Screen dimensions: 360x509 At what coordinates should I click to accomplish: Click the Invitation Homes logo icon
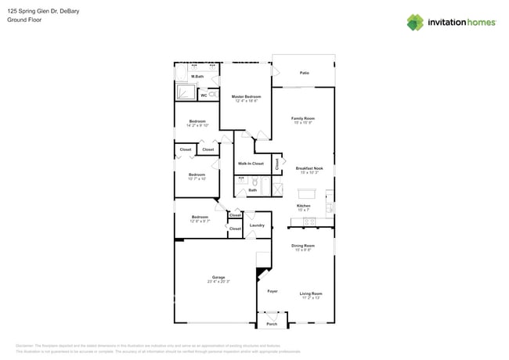point(414,22)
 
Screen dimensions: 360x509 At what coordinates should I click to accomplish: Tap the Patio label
point(304,73)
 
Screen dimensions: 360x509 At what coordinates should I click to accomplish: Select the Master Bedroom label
point(246,96)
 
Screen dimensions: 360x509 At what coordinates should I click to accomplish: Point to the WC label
point(204,95)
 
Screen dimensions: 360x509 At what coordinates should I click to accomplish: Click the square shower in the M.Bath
point(186,92)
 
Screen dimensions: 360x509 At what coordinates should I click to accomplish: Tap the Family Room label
point(303,119)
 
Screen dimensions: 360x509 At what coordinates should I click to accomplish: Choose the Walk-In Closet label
point(251,164)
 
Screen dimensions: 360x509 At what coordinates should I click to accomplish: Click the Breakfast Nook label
point(309,168)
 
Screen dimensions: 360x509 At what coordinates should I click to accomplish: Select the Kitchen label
point(303,206)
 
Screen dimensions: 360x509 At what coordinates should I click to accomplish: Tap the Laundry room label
point(257,225)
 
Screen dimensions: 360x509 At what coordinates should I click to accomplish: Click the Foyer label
point(273,291)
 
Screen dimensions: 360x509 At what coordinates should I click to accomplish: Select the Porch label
point(272,324)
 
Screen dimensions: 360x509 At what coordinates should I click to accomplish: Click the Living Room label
point(311,293)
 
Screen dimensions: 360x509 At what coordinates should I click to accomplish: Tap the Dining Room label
point(303,246)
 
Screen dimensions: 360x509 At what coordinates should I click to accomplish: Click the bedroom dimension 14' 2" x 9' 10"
point(197,125)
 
